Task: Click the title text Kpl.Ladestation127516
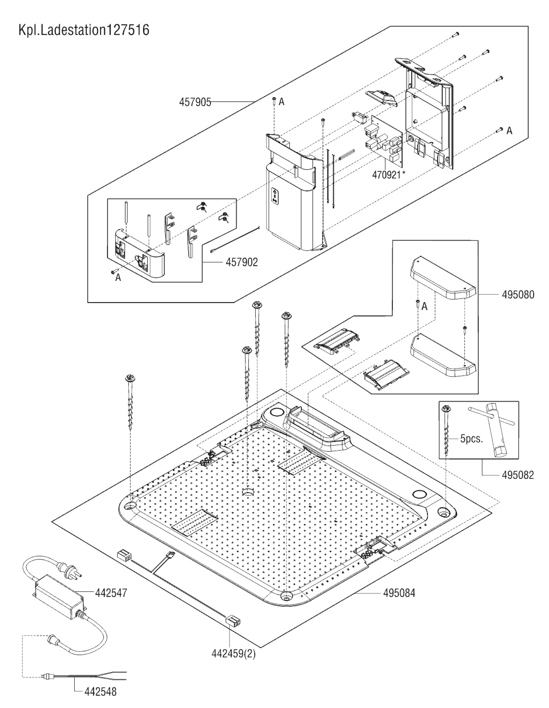click(x=84, y=30)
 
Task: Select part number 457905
click(x=195, y=102)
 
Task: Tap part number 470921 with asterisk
click(x=388, y=175)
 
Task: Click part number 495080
click(x=518, y=295)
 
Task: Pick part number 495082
click(x=518, y=475)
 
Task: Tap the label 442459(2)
click(x=233, y=654)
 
